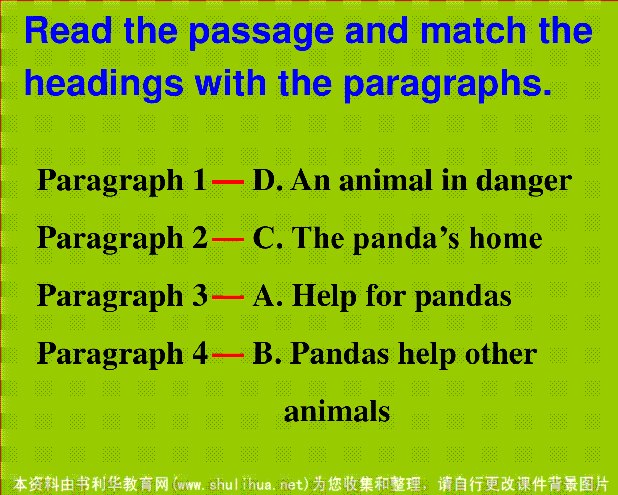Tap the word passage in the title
pyautogui.click(x=261, y=34)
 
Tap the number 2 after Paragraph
pyautogui.click(x=200, y=238)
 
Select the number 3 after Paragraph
pyautogui.click(x=200, y=295)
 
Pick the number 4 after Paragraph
pyautogui.click(x=200, y=353)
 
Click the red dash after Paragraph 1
pyautogui.click(x=228, y=182)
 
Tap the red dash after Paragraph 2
pyautogui.click(x=228, y=239)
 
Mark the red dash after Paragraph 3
pyautogui.click(x=228, y=297)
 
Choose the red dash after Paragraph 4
pyautogui.click(x=228, y=355)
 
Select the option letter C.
pyautogui.click(x=263, y=238)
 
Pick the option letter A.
pyautogui.click(x=264, y=295)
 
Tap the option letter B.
pyautogui.click(x=263, y=353)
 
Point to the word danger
pyautogui.click(x=524, y=183)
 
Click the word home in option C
pyautogui.click(x=505, y=238)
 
